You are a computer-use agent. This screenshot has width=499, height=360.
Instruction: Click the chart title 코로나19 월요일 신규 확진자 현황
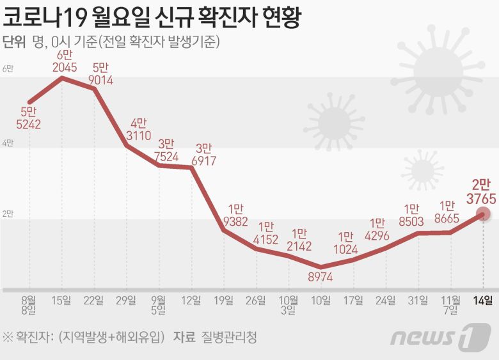coord(152,16)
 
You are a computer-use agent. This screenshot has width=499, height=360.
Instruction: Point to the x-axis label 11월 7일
coord(450,305)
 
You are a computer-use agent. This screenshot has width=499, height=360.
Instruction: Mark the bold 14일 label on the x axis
coord(483,300)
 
